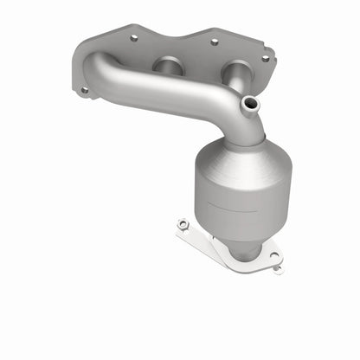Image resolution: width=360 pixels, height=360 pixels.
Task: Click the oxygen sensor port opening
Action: (x=250, y=104)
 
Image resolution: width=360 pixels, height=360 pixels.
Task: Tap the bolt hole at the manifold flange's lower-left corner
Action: (x=84, y=89)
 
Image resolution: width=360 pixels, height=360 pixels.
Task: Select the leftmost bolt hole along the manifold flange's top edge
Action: (x=133, y=38)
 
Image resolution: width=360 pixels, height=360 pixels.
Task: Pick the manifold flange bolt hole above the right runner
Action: (x=214, y=41)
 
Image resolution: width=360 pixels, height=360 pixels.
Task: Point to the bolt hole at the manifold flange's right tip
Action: (x=265, y=59)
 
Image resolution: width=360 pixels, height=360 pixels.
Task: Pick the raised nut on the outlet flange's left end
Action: (x=183, y=225)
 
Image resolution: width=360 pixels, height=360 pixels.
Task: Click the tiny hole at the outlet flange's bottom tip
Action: (x=278, y=268)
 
